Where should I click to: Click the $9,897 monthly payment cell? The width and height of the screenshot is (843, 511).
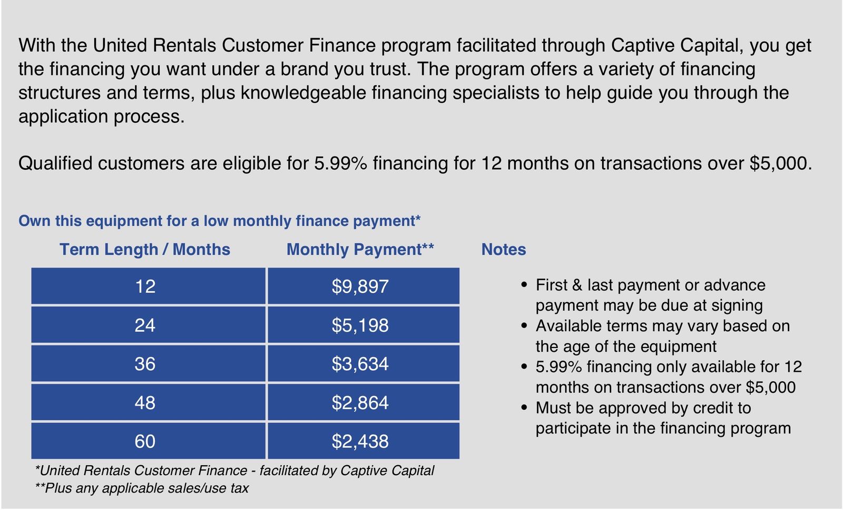pos(364,286)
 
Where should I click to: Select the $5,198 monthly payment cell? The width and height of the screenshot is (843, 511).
pos(364,325)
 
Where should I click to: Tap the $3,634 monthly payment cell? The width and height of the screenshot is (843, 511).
pos(364,363)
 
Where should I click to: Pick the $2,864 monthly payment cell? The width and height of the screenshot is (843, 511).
pos(364,402)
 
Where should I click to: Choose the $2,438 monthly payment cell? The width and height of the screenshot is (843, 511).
pos(364,441)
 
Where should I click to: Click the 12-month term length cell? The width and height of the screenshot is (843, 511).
pos(148,286)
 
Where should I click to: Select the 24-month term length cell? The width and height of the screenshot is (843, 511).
pos(148,325)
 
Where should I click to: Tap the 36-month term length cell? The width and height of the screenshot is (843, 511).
pos(148,363)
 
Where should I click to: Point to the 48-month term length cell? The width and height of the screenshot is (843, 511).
pos(148,402)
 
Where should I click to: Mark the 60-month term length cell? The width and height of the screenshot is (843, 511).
pos(148,441)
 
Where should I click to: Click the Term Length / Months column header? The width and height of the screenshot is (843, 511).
pos(145,249)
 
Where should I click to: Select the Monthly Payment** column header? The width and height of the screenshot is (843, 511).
pos(360,249)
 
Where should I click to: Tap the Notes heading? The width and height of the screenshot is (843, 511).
pos(504,249)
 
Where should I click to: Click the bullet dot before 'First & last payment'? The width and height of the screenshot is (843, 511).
pos(524,285)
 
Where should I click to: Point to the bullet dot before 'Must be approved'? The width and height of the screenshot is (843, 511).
pos(524,408)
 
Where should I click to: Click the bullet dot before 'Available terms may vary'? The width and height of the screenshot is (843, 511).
pos(524,326)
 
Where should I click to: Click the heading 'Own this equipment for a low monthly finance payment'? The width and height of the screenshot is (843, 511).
pos(219,220)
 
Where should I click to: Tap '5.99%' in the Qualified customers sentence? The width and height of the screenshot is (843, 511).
pos(340,163)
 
